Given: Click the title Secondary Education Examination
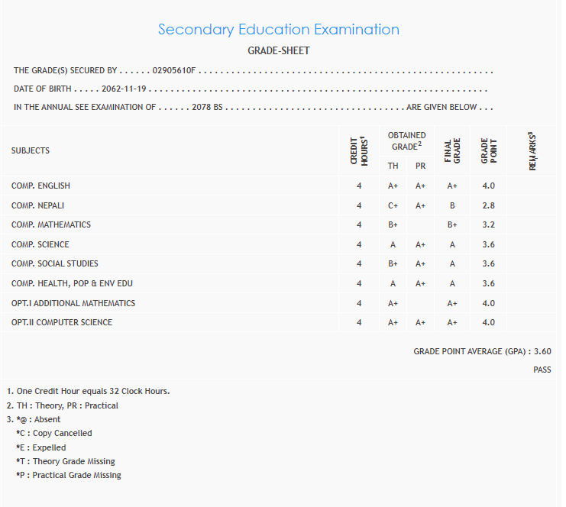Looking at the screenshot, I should point(278,30).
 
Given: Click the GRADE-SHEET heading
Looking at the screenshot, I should point(278,51).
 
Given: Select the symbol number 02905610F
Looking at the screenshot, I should point(175,71).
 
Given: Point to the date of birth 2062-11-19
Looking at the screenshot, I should point(125,89).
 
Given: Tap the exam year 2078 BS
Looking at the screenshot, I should point(207,108).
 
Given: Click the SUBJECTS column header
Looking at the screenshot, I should point(31,150).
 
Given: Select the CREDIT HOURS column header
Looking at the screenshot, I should point(359,150).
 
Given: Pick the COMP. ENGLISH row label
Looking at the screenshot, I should point(41,186).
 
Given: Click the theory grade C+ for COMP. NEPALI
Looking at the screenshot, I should point(393,205).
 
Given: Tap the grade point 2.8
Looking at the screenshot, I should point(488,205).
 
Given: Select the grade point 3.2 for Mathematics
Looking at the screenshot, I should point(488,225).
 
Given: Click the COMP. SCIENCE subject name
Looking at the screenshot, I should point(40,244).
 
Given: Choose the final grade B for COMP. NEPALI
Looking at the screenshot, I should point(452,205).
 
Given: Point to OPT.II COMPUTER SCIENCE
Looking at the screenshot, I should point(62,322).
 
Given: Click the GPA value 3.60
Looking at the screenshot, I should point(542,352).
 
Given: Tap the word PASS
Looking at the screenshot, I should point(542,370).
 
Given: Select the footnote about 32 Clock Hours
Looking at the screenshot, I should point(88,392).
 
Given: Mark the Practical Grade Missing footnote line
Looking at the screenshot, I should point(68,475).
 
